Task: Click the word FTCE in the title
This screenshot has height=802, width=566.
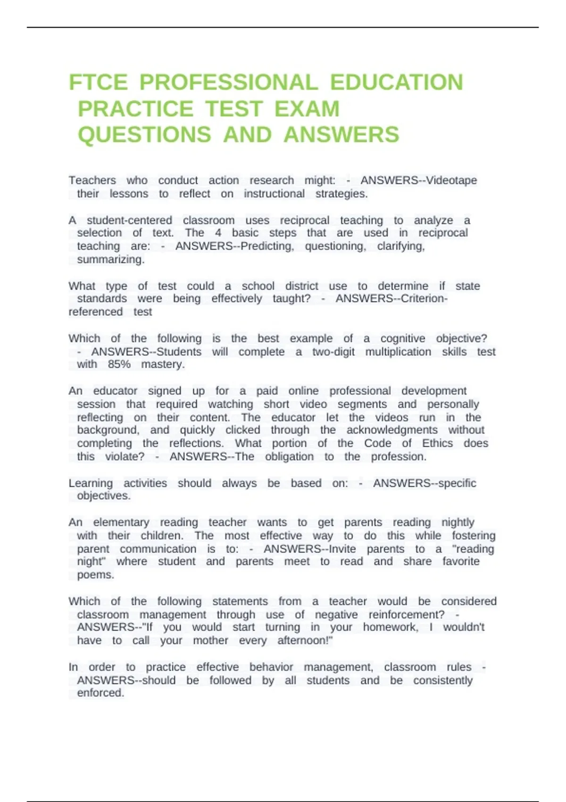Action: (98, 83)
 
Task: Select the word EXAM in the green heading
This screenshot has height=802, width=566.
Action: (307, 109)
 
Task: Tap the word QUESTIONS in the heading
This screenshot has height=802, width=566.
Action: (144, 135)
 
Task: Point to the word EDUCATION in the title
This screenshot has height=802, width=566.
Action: (396, 83)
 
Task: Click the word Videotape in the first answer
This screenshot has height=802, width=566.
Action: (451, 180)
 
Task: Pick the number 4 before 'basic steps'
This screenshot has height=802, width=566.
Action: (218, 233)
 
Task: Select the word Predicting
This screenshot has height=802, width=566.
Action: (267, 246)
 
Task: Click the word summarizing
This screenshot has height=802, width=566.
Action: (110, 259)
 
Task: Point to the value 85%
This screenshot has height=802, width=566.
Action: (119, 364)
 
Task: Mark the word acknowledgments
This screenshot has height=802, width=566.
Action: (392, 430)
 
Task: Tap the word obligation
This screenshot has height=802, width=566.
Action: (289, 457)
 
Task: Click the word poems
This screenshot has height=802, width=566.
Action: (95, 575)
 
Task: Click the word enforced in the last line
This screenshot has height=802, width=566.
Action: (100, 693)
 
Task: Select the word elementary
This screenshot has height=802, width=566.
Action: (121, 523)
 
